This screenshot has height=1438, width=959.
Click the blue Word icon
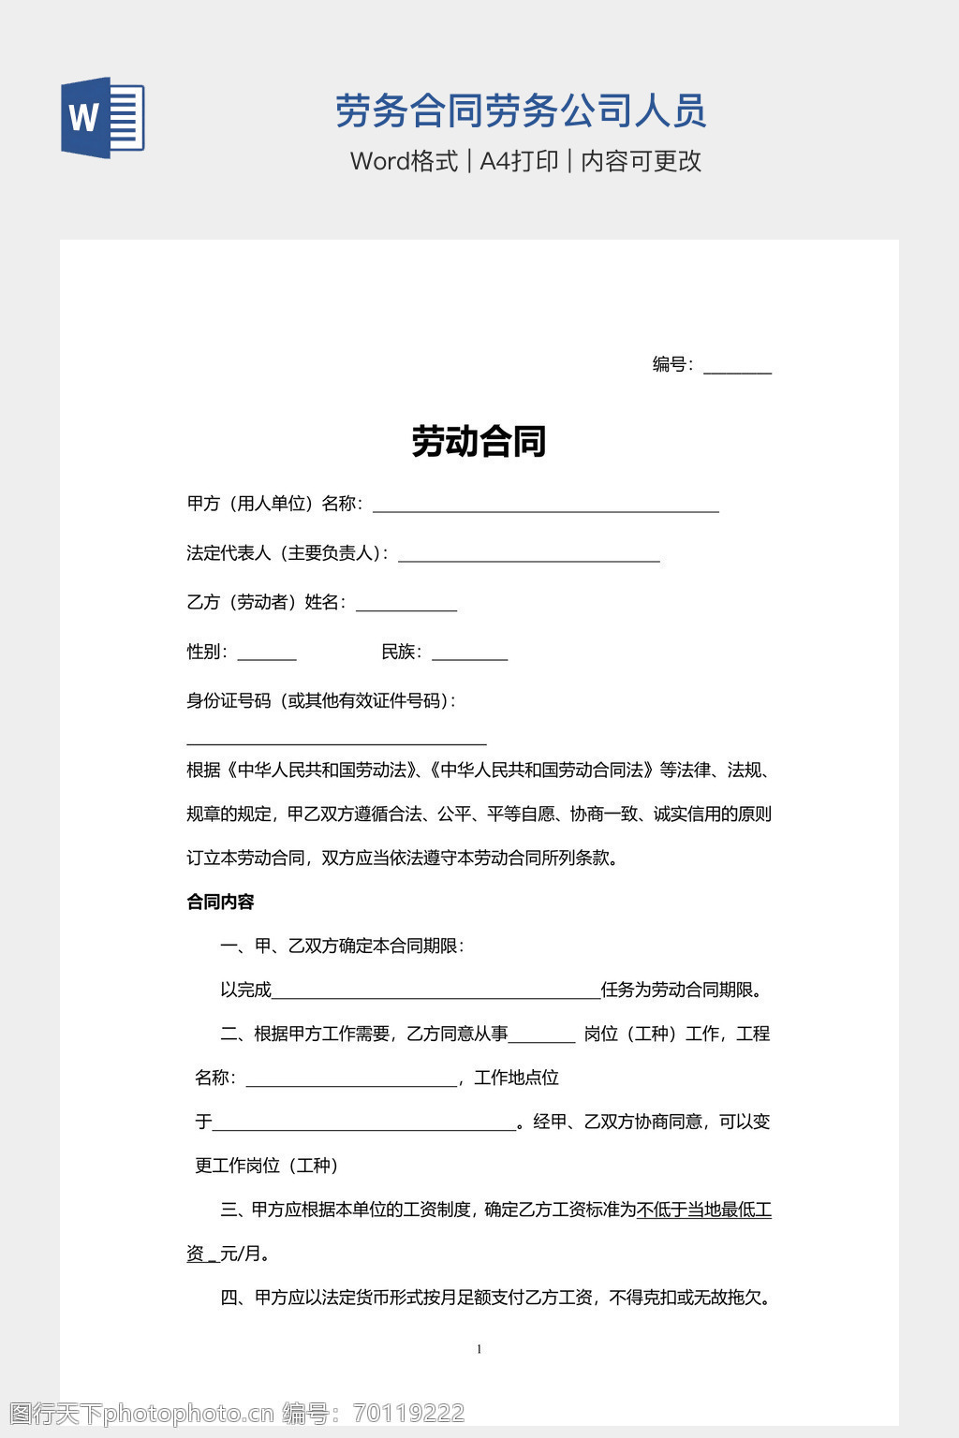coord(103,118)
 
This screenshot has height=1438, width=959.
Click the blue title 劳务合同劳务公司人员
coord(520,111)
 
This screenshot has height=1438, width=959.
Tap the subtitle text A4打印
coord(519,161)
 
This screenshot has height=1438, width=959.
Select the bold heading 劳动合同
coord(479,441)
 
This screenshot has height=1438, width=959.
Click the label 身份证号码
coord(229,701)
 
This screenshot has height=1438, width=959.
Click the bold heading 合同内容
coord(221,902)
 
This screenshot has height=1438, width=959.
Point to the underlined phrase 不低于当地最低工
coord(704,1210)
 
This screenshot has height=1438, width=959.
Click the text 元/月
coord(245,1254)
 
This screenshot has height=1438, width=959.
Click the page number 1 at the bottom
coord(479,1349)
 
